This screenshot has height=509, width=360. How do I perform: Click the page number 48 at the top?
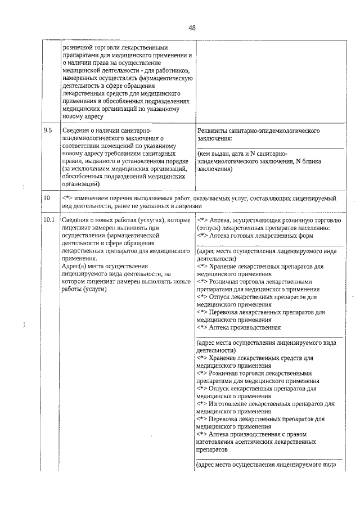click(191, 28)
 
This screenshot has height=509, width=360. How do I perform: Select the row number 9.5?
click(48, 130)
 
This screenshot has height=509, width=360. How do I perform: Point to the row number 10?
click(47, 198)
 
